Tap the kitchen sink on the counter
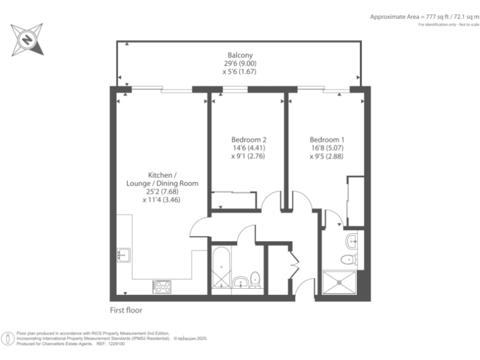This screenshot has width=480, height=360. (x=123, y=255)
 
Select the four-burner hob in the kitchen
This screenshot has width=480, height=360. (x=162, y=286)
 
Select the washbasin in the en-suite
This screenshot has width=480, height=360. (x=352, y=239)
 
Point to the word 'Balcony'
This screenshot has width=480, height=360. (x=239, y=55)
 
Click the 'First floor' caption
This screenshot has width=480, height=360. (x=127, y=309)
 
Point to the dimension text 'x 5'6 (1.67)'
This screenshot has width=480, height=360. (x=239, y=72)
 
